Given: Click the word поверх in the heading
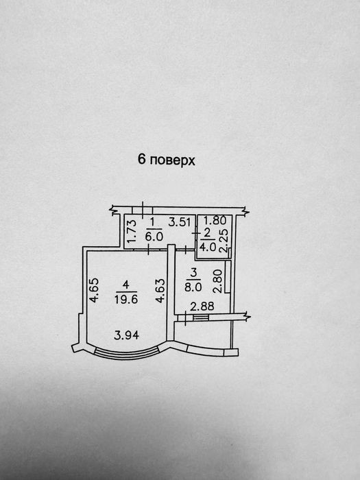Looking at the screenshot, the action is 173,160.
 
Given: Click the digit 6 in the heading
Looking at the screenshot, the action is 141,159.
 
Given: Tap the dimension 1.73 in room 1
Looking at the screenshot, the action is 132,231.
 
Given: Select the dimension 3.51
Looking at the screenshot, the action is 180,222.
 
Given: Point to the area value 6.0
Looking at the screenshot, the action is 154,237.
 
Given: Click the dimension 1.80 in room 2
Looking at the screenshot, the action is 215,220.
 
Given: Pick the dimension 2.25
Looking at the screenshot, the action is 224,241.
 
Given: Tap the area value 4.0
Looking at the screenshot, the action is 208,246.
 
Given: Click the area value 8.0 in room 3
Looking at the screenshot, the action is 193,287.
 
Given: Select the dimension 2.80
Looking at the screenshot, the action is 217,281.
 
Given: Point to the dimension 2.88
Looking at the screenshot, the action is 202,306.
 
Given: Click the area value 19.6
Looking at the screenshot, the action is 126,299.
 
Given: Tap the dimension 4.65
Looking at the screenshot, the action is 94,290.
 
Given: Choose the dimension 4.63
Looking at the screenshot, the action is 160,291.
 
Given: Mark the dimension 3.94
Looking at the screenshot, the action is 126,335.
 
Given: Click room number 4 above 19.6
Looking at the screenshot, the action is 125,285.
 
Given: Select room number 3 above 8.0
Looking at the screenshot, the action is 193,273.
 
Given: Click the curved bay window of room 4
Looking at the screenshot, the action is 126,354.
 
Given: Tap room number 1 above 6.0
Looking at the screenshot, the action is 153,223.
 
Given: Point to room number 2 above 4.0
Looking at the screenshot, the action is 208,233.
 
